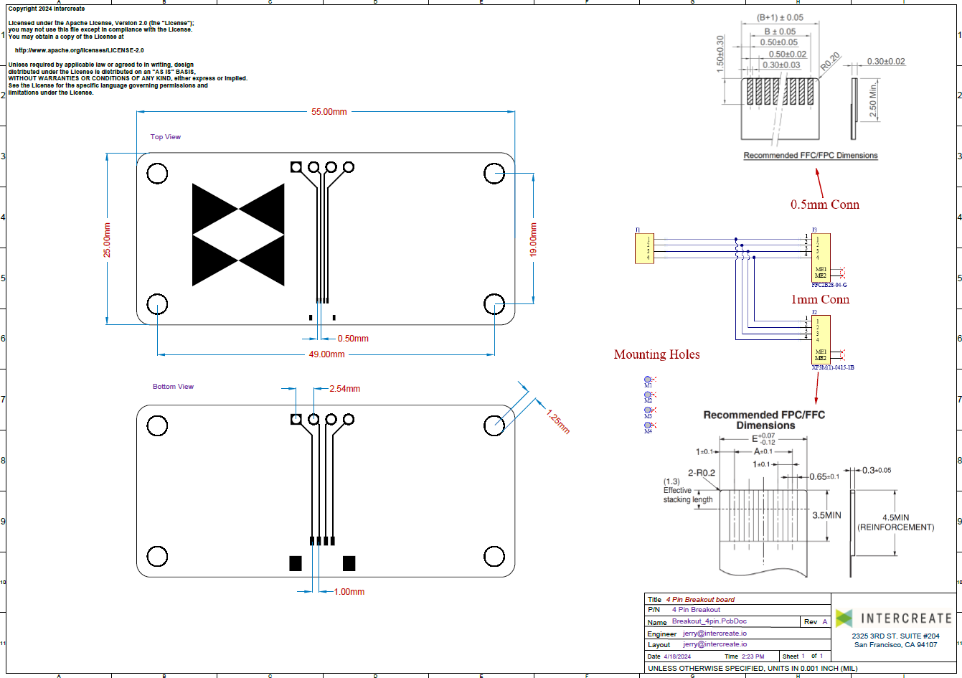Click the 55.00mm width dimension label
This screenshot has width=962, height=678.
pos(329,112)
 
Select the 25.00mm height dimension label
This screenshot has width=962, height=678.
pos(108,240)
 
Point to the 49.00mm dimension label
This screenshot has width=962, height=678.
pos(326,354)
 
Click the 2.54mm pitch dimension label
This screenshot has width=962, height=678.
pos(344,389)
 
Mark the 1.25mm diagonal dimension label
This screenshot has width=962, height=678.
pos(558,421)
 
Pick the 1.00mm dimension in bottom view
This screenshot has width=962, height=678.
pos(349,592)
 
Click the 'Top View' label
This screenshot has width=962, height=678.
pos(166,137)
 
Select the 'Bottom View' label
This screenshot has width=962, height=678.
pos(173,387)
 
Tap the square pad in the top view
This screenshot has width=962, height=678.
pos(296,167)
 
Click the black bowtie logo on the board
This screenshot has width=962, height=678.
pos(238,235)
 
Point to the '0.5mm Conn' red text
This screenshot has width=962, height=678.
pos(824,204)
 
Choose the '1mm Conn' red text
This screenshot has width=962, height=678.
pos(820,299)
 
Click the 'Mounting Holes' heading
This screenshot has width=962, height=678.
pos(656,354)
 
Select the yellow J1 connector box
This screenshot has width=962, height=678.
pos(644,248)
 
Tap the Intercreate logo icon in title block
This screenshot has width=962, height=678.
pos(844,618)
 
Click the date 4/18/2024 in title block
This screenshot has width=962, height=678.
pos(677,656)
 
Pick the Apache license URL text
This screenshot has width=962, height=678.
pos(79,50)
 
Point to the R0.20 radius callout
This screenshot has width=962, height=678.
pos(831,62)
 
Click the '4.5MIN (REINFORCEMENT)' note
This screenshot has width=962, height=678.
pos(895,522)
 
